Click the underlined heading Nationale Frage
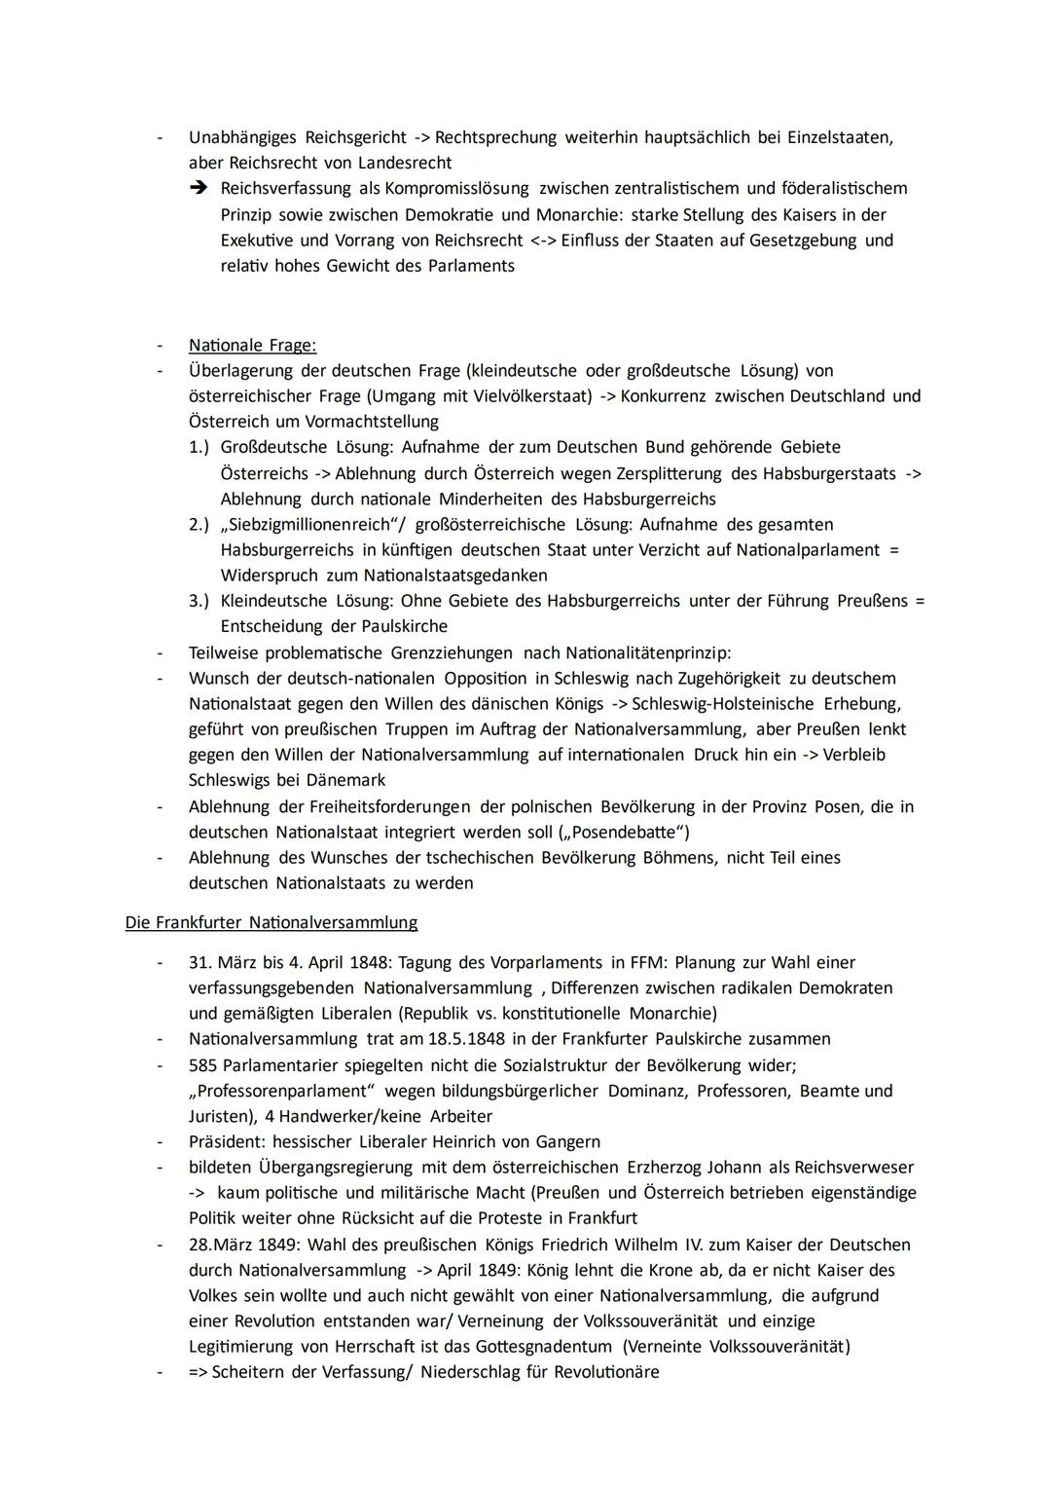click(x=252, y=346)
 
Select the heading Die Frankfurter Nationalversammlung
click(x=271, y=922)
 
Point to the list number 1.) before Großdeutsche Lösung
click(x=199, y=447)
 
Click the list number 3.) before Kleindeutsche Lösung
click(x=199, y=601)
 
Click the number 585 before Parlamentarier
click(x=202, y=1065)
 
